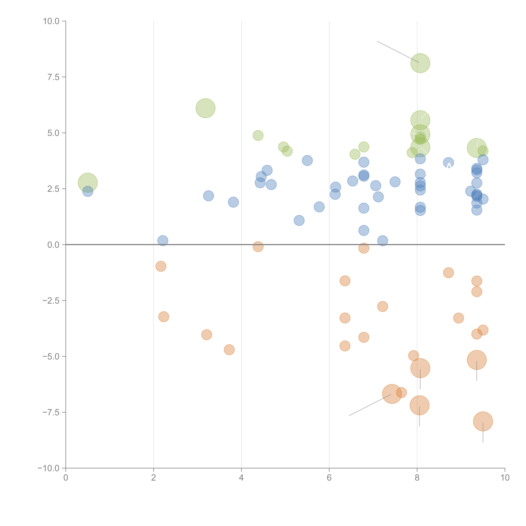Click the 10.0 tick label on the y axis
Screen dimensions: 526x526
coord(51,21)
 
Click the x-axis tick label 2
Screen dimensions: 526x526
coord(154,478)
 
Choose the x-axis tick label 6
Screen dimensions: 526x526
coord(329,478)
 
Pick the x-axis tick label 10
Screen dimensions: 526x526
coord(505,478)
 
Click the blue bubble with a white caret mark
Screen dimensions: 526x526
coord(448,163)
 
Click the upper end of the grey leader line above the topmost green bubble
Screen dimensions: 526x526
coord(378,41)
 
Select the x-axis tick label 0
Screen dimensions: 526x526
coord(66,478)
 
